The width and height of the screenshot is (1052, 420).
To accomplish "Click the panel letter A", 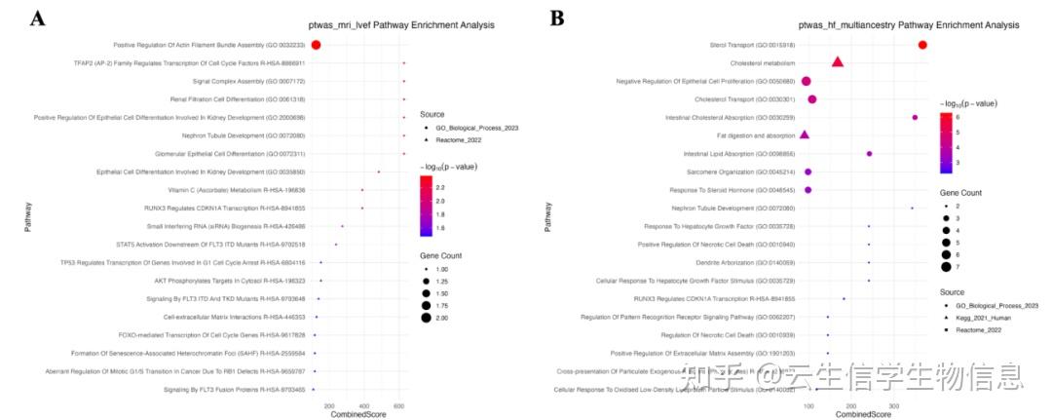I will [x=38, y=19].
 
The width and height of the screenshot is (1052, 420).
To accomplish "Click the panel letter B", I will [x=556, y=19].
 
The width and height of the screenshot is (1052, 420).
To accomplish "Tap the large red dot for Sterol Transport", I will [x=922, y=45].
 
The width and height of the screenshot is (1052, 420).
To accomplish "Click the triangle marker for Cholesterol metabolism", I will [x=838, y=62].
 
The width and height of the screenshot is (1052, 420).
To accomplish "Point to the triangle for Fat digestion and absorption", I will [x=805, y=134].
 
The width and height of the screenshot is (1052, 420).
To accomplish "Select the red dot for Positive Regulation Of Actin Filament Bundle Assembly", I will [x=316, y=45].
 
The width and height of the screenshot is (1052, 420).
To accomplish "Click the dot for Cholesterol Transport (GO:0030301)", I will [x=811, y=98].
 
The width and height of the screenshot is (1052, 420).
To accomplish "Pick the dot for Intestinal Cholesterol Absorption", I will [x=915, y=117].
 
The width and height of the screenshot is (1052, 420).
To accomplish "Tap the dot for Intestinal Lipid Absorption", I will [x=869, y=153].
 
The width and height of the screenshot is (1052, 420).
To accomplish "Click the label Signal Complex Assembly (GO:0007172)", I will [x=248, y=81].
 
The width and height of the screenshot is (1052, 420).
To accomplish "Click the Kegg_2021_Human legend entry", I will [x=991, y=319].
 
